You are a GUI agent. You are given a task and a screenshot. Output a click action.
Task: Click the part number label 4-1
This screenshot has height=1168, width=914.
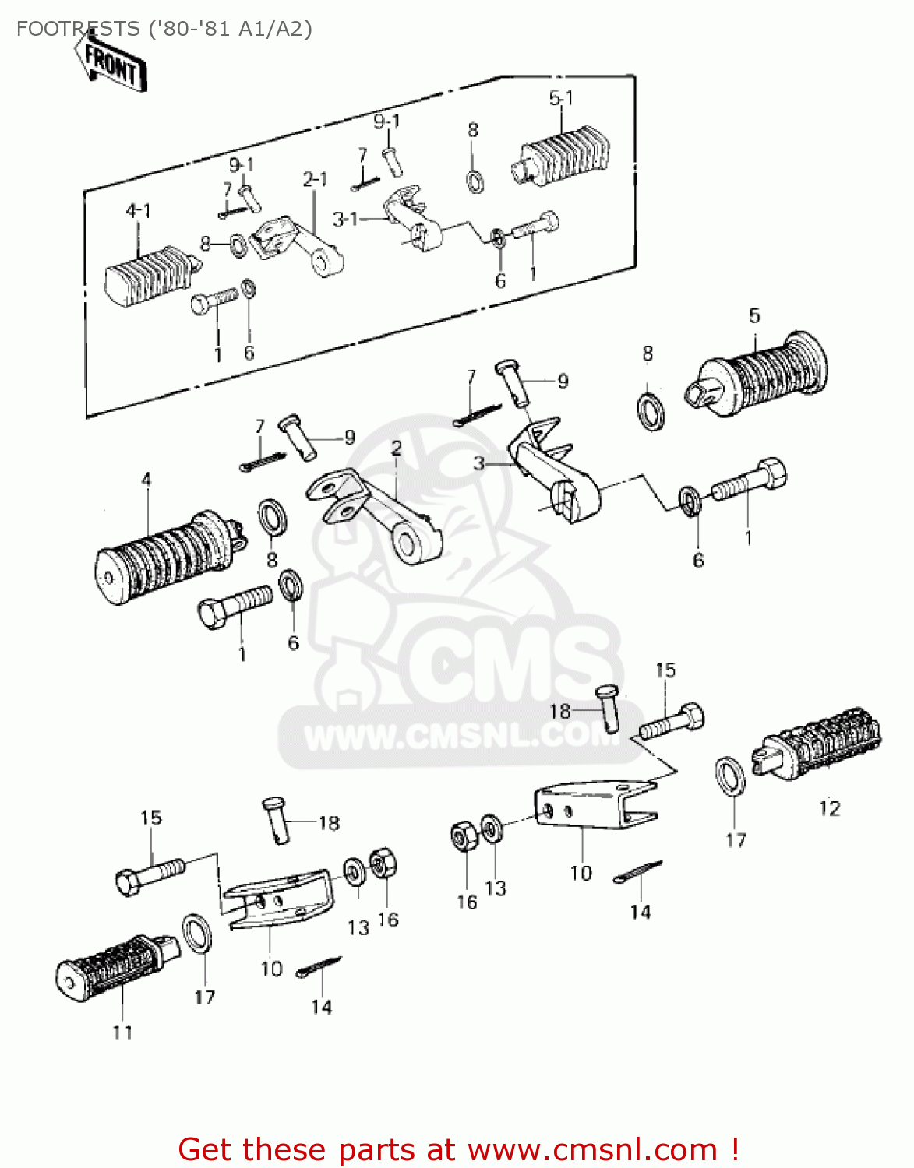point(138,210)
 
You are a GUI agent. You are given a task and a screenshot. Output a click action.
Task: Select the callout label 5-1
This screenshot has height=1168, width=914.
point(561,98)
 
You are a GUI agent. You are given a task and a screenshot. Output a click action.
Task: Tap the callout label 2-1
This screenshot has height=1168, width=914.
point(315,180)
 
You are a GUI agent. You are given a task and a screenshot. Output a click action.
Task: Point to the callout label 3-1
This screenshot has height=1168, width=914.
point(345,220)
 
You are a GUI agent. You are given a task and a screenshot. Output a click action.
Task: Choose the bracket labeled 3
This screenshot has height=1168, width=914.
point(557,475)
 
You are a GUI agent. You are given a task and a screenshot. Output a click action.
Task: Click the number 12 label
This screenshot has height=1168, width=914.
point(830,808)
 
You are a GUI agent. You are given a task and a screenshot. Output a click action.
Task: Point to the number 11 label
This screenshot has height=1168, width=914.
point(122,1033)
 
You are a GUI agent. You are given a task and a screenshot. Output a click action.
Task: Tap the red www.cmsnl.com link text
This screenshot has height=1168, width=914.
point(592,1149)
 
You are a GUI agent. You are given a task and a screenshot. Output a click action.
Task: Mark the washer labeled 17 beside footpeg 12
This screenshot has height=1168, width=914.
point(730,776)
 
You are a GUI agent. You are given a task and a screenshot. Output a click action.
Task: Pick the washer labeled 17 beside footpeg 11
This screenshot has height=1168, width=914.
point(197,934)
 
